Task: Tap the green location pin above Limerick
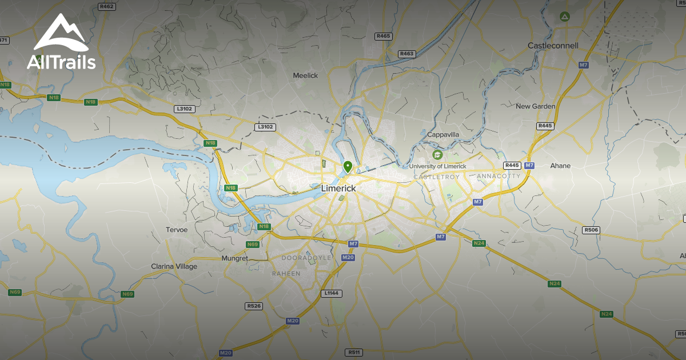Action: (x=348, y=167)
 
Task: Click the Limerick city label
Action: (x=338, y=188)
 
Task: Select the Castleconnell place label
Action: (x=553, y=46)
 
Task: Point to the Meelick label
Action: (x=305, y=75)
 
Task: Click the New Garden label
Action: (x=535, y=106)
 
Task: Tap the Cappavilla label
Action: (x=443, y=135)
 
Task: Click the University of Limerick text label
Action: (x=437, y=166)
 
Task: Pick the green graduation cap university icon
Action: (x=438, y=155)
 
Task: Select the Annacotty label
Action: (x=498, y=176)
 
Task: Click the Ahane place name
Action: (x=560, y=166)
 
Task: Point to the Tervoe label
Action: (x=177, y=230)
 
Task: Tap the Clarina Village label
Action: (x=174, y=266)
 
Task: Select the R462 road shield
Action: (x=107, y=7)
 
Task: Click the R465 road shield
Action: (x=384, y=36)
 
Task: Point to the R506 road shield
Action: (x=591, y=230)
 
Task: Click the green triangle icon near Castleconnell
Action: (x=565, y=16)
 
